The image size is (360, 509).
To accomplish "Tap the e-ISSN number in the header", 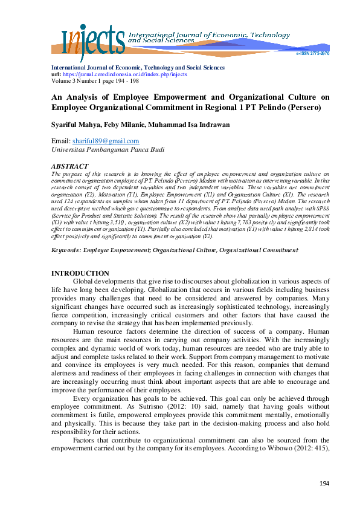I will (312, 54).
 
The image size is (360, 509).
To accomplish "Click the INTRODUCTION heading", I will (80, 273).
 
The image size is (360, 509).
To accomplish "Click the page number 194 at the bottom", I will (325, 484).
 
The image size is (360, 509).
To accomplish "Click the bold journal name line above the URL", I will (138, 68).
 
